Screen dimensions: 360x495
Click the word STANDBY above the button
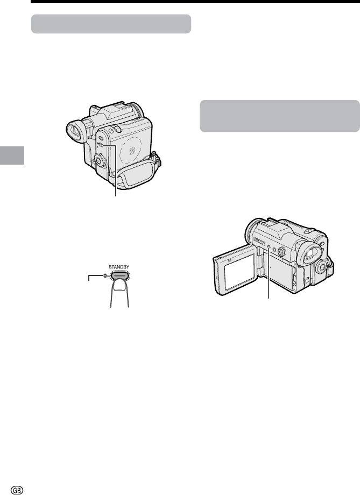pyautogui.click(x=119, y=267)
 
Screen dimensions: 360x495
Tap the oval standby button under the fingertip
pyautogui.click(x=119, y=275)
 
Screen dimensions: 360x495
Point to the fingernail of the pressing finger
pyautogui.click(x=120, y=286)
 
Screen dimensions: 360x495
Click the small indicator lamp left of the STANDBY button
pyautogui.click(x=104, y=275)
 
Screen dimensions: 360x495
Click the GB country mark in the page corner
pyautogui.click(x=17, y=490)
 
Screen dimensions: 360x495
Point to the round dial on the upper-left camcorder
pyautogui.click(x=99, y=160)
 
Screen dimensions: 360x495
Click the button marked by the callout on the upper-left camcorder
pyautogui.click(x=101, y=145)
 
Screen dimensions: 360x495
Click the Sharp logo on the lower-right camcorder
pyautogui.click(x=259, y=242)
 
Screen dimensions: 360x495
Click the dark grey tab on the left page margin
pyautogui.click(x=12, y=155)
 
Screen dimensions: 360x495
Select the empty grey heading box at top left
pyautogui.click(x=111, y=24)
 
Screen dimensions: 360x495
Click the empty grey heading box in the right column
pyautogui.click(x=280, y=116)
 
